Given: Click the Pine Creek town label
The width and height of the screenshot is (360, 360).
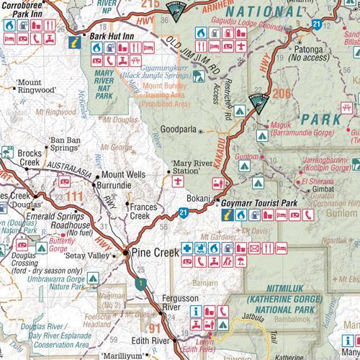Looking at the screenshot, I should [153, 254].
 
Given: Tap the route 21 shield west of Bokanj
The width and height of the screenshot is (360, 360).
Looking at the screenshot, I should [184, 212].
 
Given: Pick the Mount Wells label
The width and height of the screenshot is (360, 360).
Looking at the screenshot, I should [122, 174].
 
